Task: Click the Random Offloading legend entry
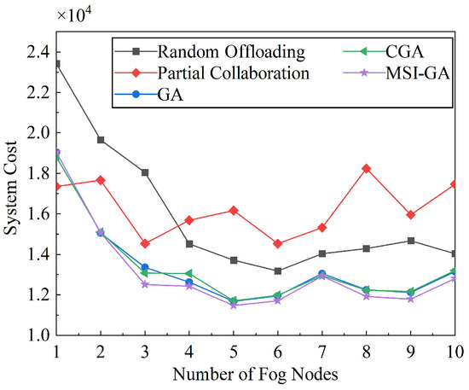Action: (222, 50)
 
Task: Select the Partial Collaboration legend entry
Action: (232, 73)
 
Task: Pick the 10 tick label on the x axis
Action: (454, 352)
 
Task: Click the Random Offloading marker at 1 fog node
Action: (56, 63)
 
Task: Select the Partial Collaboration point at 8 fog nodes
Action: (367, 168)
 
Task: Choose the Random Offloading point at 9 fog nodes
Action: (411, 241)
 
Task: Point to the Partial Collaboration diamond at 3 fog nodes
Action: (145, 243)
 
